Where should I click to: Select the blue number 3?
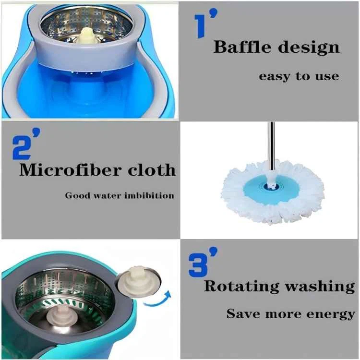(x=198, y=264)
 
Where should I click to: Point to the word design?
(x=309, y=48)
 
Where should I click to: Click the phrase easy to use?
(x=299, y=76)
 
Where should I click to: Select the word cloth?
(x=152, y=169)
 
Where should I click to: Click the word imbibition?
(x=149, y=196)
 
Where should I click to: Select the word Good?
(x=78, y=196)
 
